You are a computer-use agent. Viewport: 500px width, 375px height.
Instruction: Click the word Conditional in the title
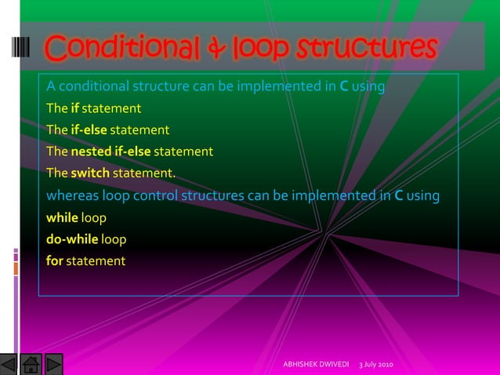[x=111, y=49]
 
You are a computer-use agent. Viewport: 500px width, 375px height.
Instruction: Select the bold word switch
[x=90, y=173]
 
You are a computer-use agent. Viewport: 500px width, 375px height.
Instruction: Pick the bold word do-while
[x=72, y=238]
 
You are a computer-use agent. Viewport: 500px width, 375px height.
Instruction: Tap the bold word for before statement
[x=54, y=260]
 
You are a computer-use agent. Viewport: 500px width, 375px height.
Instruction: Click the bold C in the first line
[x=343, y=86]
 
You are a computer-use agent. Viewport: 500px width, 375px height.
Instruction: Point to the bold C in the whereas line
[x=398, y=195]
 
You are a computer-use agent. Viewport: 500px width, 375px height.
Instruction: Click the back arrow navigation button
[x=9, y=365]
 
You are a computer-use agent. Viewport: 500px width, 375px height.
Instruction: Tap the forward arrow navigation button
[x=53, y=365]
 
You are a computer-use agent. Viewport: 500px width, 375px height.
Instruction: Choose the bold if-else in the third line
[x=88, y=129]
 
